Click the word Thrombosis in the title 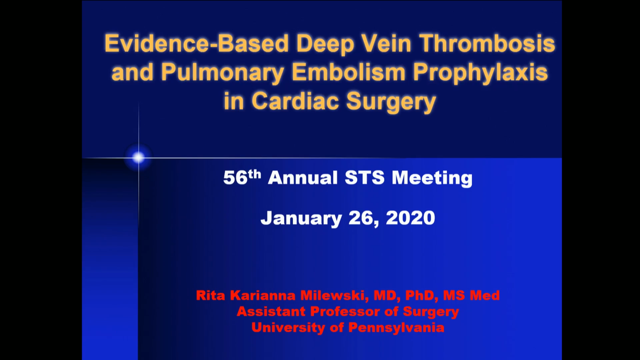487,44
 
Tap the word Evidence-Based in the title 196,44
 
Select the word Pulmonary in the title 223,73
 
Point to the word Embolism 348,72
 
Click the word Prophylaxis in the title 480,73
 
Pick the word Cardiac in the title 295,101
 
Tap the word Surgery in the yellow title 391,102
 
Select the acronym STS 365,177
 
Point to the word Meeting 432,178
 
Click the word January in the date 301,218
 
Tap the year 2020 410,218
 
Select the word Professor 345,312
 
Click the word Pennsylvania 396,328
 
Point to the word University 288,328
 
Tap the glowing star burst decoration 138,157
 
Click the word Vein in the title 387,44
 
